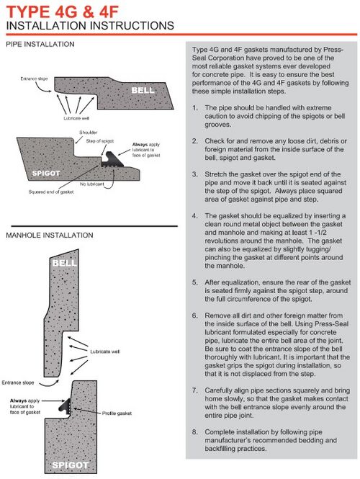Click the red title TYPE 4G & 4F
62,12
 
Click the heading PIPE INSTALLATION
40,44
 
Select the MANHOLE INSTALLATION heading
50,236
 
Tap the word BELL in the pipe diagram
143,91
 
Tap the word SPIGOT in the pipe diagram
46,173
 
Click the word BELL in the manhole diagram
64,263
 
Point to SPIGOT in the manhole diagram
71,465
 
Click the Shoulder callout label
89,133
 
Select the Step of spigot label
100,141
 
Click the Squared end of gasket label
51,192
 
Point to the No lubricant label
91,184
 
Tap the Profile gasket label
117,413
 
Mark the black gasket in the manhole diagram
65,408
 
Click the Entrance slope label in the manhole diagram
18,382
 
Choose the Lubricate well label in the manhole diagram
105,352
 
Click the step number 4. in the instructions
195,216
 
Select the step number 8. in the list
195,432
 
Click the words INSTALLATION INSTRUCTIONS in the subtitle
90,26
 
